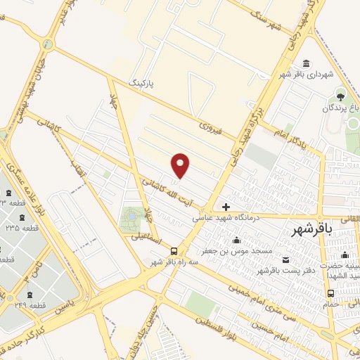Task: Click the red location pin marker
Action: pos(181,165)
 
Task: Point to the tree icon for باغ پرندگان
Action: pos(341,96)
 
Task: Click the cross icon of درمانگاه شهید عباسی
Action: pos(226,207)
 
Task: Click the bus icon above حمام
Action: pos(330,293)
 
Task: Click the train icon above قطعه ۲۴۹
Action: pos(29,295)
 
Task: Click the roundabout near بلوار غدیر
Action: pos(48,44)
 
